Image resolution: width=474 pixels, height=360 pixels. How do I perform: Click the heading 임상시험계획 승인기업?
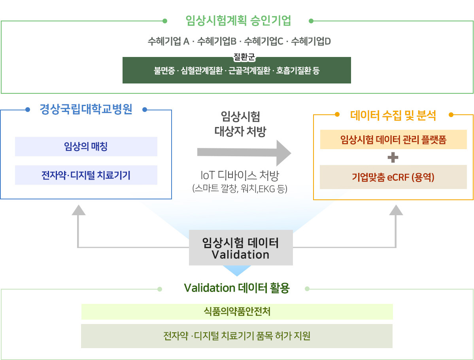pos(238,21)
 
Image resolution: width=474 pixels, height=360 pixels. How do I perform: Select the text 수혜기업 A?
pos(168,41)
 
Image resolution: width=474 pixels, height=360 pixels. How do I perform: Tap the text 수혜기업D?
pos(311,41)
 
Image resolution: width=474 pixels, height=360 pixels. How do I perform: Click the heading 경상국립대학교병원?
pos(86,109)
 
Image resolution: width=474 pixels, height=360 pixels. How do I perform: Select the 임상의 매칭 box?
pos(86,147)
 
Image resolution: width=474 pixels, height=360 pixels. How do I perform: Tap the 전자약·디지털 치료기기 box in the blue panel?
pos(86,175)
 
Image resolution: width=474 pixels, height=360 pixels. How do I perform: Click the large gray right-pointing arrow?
pos(244,152)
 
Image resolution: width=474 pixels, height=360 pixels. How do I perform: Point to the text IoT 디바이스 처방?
pos(239,175)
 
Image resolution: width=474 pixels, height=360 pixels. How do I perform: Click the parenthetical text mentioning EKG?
pos(239,188)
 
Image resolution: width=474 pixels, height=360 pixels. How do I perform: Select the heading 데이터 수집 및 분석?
pos(393,115)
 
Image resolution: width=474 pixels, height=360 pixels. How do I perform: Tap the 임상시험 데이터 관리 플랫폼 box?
pos(393,140)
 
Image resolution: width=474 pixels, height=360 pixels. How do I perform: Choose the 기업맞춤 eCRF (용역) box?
pos(393,177)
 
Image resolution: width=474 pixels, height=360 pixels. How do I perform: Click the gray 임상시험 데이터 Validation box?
pos(240,248)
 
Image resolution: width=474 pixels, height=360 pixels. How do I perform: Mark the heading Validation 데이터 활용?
pos(237,288)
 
